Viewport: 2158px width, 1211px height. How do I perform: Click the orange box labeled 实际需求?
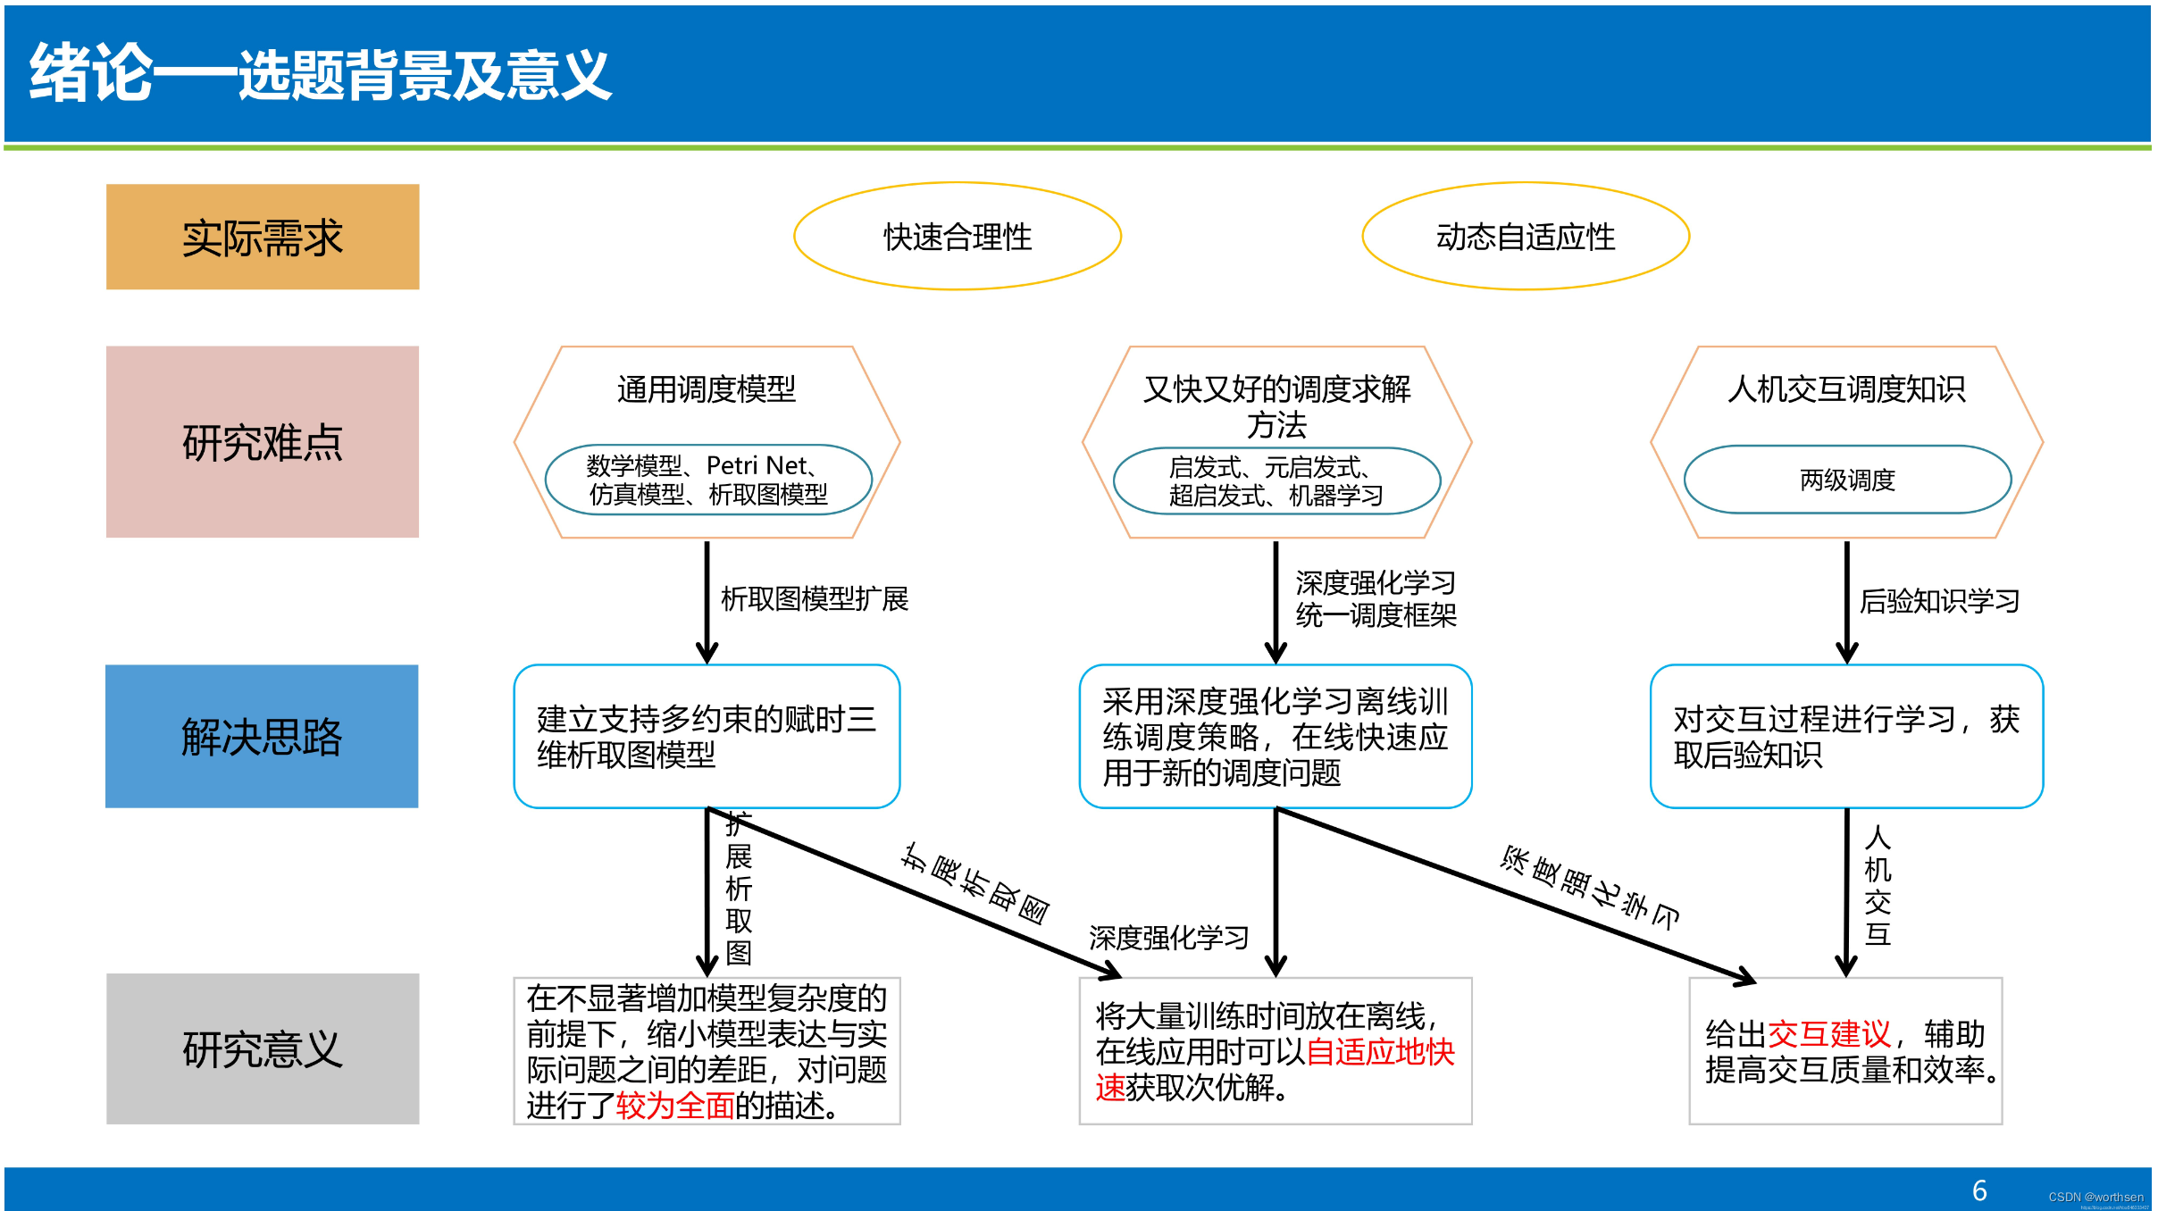coord(263,237)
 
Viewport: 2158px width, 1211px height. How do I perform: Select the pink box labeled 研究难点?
coord(263,442)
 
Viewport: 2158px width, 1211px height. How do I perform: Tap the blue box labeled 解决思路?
coord(262,737)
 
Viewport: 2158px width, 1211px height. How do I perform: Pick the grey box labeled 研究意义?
coord(263,1048)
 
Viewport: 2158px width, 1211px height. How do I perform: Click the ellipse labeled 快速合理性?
coord(958,237)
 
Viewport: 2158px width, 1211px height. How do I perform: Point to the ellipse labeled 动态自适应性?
coord(1526,237)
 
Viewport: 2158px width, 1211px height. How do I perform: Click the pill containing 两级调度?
coord(1847,480)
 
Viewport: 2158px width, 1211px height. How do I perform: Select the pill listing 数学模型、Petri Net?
coord(708,480)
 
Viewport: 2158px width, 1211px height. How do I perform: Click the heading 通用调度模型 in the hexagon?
coord(707,389)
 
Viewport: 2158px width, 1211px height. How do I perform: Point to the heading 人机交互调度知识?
coord(1847,389)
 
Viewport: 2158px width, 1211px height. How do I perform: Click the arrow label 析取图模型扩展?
coord(815,599)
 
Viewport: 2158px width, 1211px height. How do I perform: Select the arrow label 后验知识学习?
coord(1939,602)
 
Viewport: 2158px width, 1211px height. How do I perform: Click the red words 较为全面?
coord(675,1106)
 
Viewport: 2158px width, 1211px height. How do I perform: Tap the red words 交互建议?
coord(1828,1034)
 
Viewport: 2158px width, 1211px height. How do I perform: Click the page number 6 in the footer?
coord(1979,1190)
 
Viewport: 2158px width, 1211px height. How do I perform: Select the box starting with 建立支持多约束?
coord(707,737)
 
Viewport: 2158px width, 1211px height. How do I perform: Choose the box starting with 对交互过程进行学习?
coord(1846,737)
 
